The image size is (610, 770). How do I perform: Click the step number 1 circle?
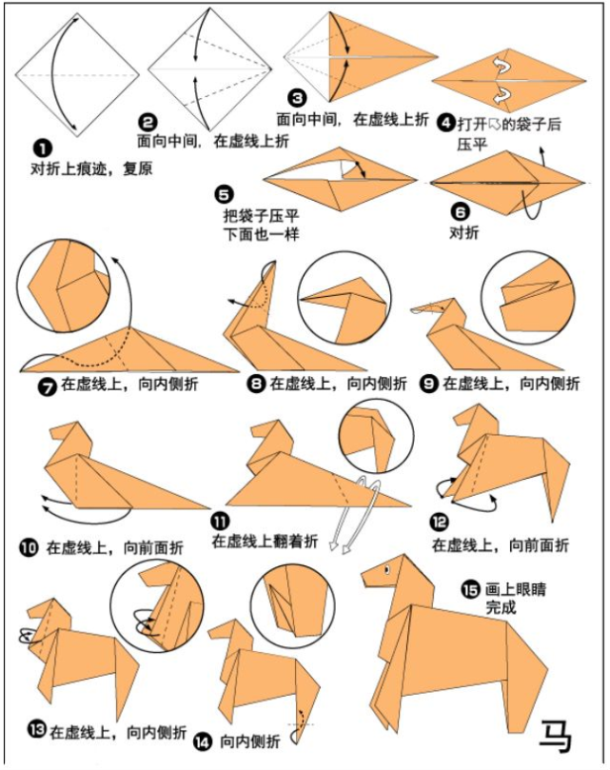tap(43, 148)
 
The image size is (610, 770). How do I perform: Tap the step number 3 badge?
tap(298, 98)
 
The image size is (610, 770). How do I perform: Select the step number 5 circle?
tap(225, 194)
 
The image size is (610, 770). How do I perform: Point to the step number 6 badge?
tap(461, 211)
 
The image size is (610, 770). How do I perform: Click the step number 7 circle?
tap(48, 386)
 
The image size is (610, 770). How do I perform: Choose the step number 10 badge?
tap(29, 547)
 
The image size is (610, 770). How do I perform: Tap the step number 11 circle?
tap(221, 522)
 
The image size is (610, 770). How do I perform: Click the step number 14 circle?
tap(202, 741)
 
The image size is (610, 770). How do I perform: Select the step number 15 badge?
tap(470, 589)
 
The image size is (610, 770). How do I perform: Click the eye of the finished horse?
tap(386, 570)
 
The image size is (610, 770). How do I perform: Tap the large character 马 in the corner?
tap(556, 736)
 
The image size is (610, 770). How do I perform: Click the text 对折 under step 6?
tap(464, 232)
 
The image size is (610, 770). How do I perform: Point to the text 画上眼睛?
tap(516, 589)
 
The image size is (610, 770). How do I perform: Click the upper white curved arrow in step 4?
tap(502, 66)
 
